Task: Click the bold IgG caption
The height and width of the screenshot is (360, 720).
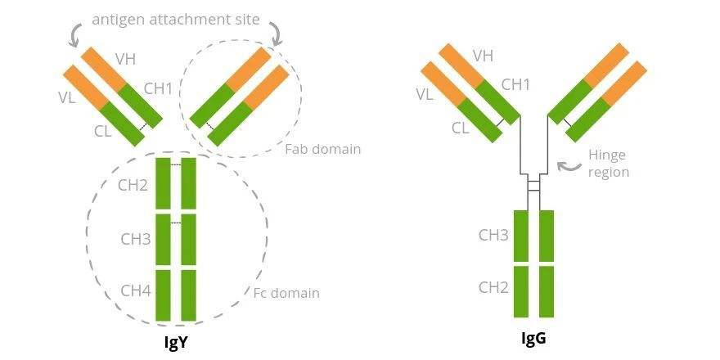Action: click(533, 338)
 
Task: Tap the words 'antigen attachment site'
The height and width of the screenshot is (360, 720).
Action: click(175, 19)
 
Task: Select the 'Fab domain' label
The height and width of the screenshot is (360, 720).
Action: click(322, 150)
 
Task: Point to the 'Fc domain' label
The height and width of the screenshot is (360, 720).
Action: click(286, 293)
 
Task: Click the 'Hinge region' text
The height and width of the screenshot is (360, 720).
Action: click(608, 164)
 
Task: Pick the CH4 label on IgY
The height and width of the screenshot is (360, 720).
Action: click(135, 290)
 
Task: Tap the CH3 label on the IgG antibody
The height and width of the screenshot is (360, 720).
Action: click(493, 236)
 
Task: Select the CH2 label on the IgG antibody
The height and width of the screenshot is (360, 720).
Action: click(493, 287)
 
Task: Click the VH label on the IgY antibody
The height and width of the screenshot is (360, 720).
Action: click(125, 58)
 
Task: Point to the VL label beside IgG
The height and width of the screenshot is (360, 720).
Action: click(424, 94)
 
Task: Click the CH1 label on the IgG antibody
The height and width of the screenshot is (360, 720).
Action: click(515, 84)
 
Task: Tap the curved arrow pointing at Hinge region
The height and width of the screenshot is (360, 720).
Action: click(567, 166)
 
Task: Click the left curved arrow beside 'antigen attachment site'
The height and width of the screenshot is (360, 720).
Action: click(77, 32)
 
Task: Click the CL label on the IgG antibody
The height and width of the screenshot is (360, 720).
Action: click(460, 128)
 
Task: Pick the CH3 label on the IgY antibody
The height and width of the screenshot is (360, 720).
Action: click(135, 239)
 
